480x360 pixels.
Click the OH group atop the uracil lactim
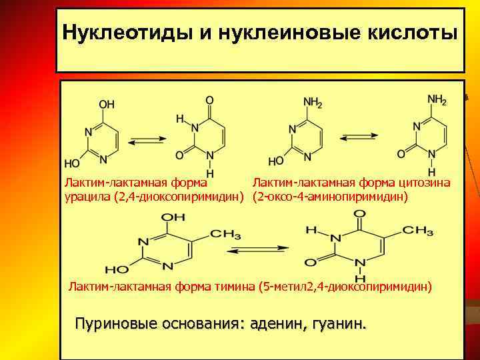coord(107,105)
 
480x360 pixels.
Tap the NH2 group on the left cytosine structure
coord(313,103)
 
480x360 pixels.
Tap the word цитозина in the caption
coord(424,183)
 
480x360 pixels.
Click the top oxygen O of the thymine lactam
coord(359,215)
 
